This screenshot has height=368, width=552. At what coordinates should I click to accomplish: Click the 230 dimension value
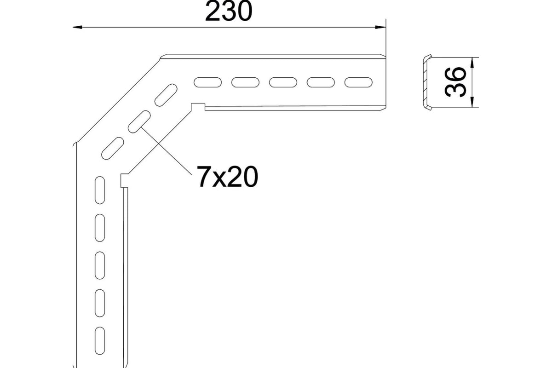pyautogui.click(x=229, y=12)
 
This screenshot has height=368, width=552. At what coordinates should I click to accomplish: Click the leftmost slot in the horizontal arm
pyautogui.click(x=207, y=82)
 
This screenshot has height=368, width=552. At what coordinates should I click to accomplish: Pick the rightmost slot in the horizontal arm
pyautogui.click(x=358, y=82)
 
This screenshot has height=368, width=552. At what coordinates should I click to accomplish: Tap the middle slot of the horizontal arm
pyautogui.click(x=282, y=82)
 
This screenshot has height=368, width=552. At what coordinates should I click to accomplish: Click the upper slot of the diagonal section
pyautogui.click(x=166, y=95)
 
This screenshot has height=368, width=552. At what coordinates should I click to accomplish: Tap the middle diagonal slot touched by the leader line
pyautogui.click(x=139, y=122)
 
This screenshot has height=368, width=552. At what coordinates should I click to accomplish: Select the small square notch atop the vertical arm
pyautogui.click(x=125, y=180)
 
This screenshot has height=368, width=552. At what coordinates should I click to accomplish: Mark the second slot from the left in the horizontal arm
pyautogui.click(x=245, y=82)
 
